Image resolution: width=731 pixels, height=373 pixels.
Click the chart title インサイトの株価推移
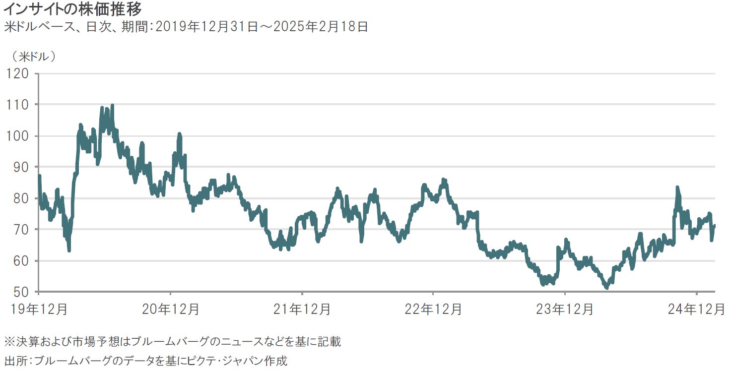[x=72, y=8]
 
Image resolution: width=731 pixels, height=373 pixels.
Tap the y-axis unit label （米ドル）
[x=34, y=56]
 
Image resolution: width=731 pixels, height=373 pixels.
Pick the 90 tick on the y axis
[x=20, y=167]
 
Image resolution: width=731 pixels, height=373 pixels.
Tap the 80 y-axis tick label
[x=20, y=198]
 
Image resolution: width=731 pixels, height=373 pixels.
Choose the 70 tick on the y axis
[x=20, y=230]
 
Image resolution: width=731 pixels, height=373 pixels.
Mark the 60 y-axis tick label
[x=20, y=261]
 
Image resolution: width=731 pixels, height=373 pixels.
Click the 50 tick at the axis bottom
[x=20, y=292]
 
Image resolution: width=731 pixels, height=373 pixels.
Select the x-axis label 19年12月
[x=39, y=309]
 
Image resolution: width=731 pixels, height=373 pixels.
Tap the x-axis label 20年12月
[x=171, y=309]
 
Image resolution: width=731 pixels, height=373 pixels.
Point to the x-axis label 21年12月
[x=302, y=309]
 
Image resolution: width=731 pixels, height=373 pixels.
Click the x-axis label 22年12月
[x=433, y=309]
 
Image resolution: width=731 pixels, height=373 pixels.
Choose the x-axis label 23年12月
[x=565, y=309]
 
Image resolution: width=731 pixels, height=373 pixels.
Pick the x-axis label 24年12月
[x=696, y=309]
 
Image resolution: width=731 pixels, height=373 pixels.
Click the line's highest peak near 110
[x=112, y=106]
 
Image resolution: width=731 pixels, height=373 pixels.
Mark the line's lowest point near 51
[x=606, y=287]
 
